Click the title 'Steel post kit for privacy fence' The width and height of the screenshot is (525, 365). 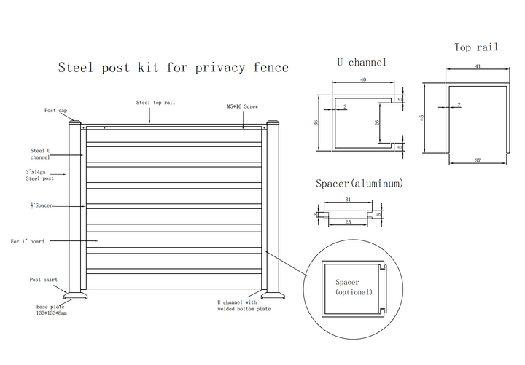click(x=174, y=68)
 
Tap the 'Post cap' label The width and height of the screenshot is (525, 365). click(x=55, y=111)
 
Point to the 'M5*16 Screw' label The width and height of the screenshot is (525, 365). click(x=242, y=106)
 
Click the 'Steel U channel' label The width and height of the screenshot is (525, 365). click(x=41, y=153)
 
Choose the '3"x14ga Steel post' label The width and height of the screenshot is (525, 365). click(x=39, y=175)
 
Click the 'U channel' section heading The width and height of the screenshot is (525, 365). click(x=362, y=63)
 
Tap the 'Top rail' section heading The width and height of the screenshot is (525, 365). click(x=476, y=47)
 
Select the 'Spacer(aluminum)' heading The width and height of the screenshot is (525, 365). click(x=359, y=183)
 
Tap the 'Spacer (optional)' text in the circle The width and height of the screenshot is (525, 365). click(x=354, y=287)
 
